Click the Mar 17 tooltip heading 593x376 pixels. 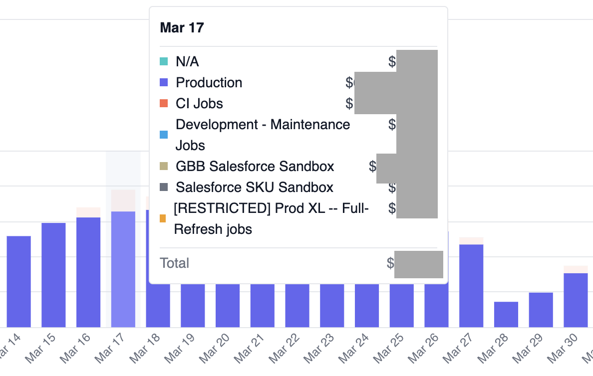coord(182,27)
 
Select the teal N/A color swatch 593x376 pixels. coord(164,62)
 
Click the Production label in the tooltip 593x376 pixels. coord(209,83)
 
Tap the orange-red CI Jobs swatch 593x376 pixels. coord(164,104)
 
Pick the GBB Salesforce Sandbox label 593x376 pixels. coord(255,166)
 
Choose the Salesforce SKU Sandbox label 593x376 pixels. coord(255,188)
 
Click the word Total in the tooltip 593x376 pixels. coord(174,263)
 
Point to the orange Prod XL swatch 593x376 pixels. coord(163,218)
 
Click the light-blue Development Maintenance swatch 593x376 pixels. coord(164,135)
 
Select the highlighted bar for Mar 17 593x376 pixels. coord(123,269)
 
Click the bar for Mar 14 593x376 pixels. coord(19,281)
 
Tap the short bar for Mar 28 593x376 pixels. coord(506,314)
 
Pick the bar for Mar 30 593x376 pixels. coord(576,300)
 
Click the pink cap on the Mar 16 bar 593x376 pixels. coord(88,212)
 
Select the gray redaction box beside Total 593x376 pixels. coord(418,264)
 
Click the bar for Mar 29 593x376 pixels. coord(541,310)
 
